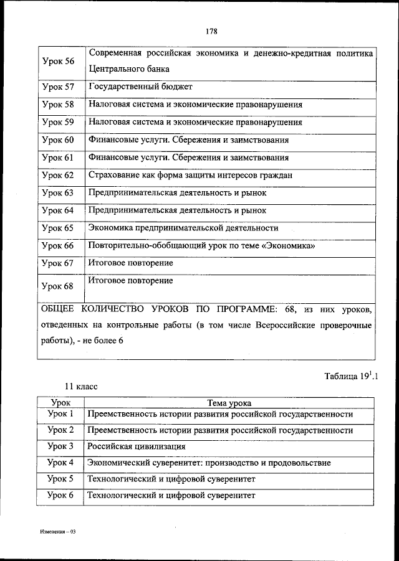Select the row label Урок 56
(57, 61)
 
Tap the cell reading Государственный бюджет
(140, 87)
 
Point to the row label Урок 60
(57, 140)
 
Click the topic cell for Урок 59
(195, 122)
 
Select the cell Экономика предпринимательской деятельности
(183, 228)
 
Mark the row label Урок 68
(57, 286)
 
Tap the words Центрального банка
(129, 69)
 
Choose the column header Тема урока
(230, 403)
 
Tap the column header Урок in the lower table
(60, 403)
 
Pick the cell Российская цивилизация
(137, 446)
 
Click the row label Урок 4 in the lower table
(60, 463)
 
